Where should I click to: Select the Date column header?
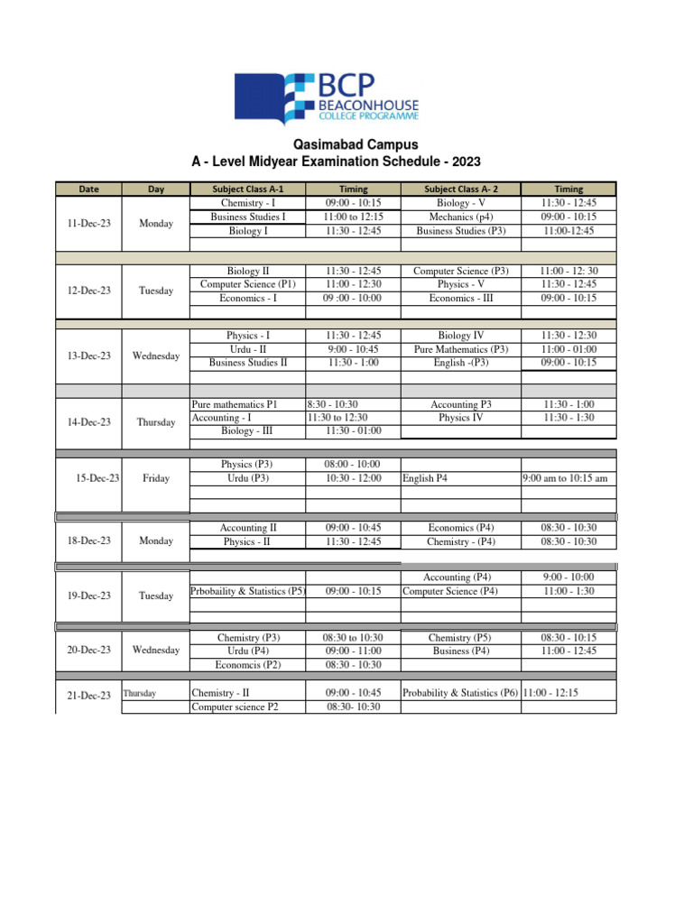tap(88, 189)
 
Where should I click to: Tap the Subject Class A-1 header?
tap(247, 189)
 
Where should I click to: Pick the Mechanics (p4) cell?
tap(460, 217)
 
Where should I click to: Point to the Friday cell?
tap(156, 478)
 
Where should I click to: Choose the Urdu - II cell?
tap(247, 349)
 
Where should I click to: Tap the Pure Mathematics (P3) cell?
tap(460, 349)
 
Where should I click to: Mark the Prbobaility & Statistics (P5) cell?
tap(248, 591)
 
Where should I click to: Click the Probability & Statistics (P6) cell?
tap(460, 693)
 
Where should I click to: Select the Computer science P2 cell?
tap(235, 707)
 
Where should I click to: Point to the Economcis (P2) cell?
tap(248, 664)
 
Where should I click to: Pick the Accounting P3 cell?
tap(460, 405)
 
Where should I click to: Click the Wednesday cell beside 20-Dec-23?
tap(156, 650)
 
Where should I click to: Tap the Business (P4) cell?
tap(460, 651)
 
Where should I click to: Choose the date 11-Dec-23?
tap(88, 222)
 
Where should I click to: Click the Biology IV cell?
tap(460, 336)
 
